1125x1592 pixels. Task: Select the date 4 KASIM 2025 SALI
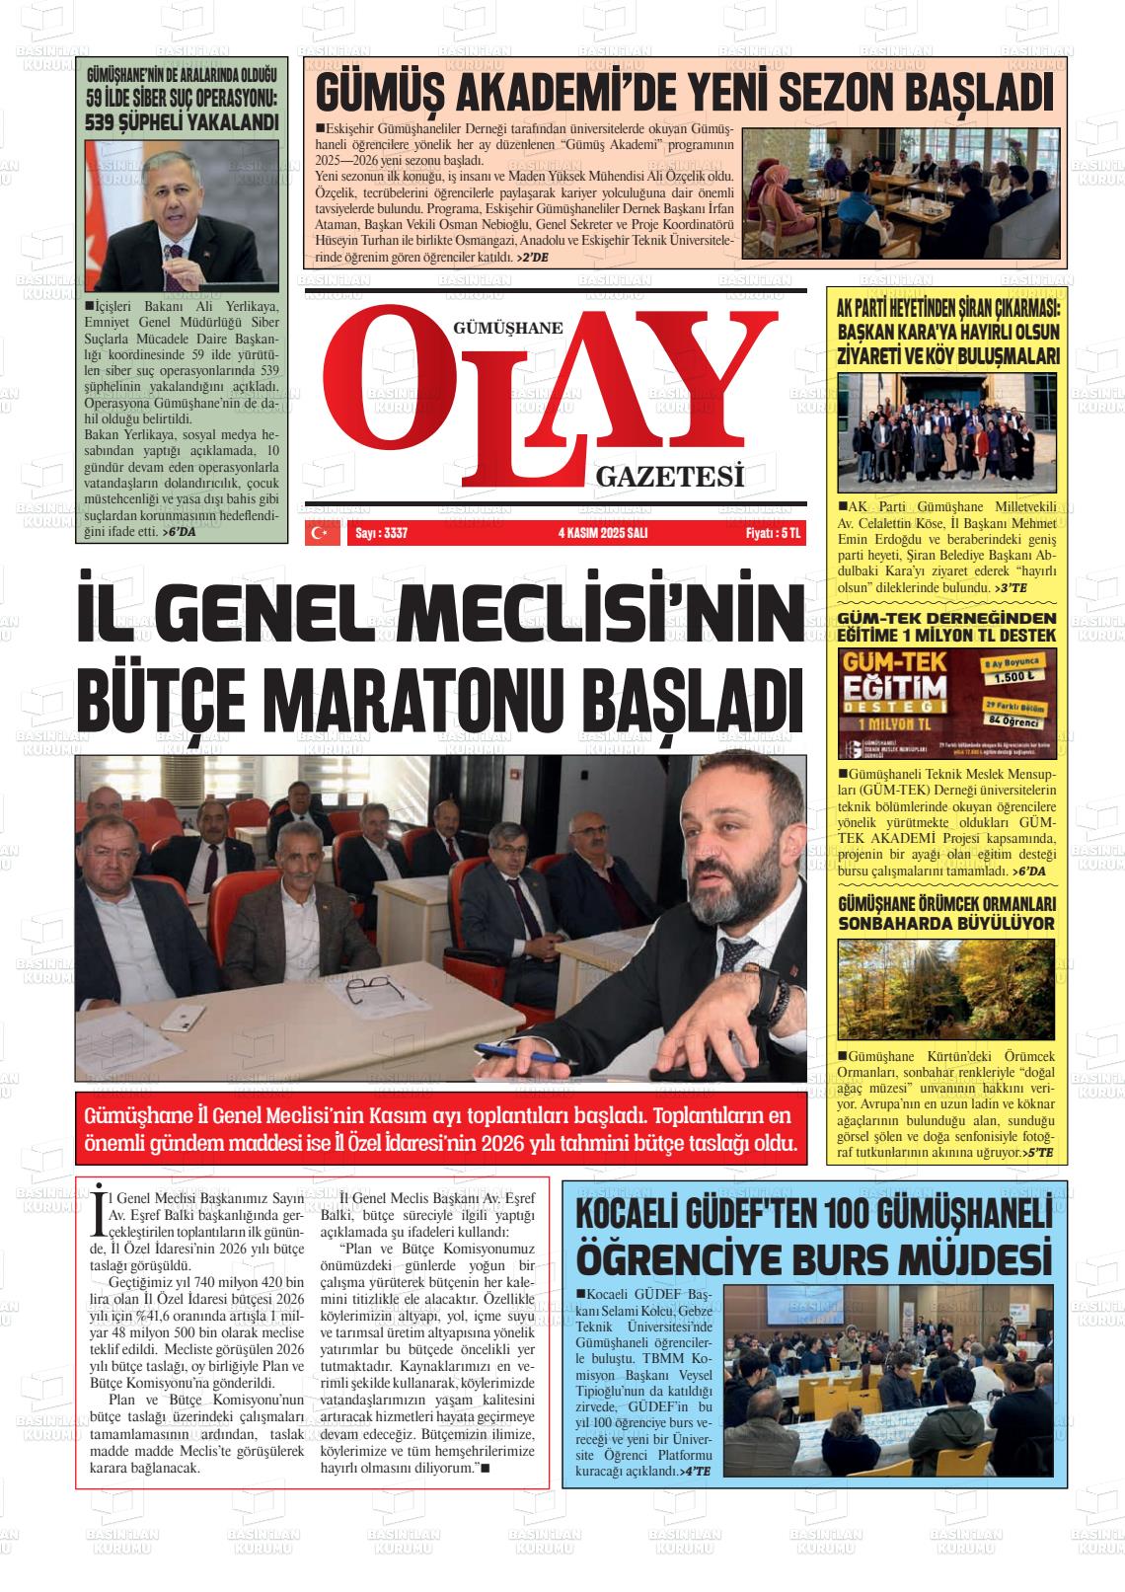(602, 533)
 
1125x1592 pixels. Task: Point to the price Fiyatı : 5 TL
(773, 533)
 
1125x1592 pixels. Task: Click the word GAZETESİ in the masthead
(668, 478)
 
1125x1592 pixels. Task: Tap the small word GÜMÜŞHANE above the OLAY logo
(507, 329)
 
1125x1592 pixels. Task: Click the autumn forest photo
(946, 988)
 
